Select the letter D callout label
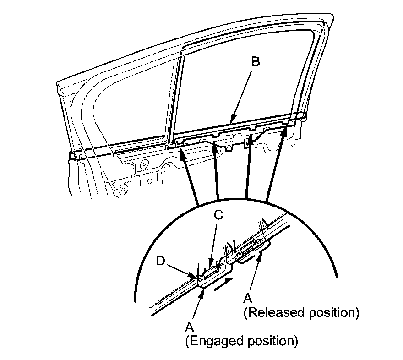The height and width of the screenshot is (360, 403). click(x=159, y=262)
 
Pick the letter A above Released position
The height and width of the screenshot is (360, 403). click(x=248, y=298)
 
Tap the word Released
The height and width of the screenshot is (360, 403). click(x=274, y=313)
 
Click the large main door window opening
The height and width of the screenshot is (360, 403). click(x=238, y=82)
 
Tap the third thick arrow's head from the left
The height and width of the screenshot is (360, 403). click(x=251, y=137)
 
